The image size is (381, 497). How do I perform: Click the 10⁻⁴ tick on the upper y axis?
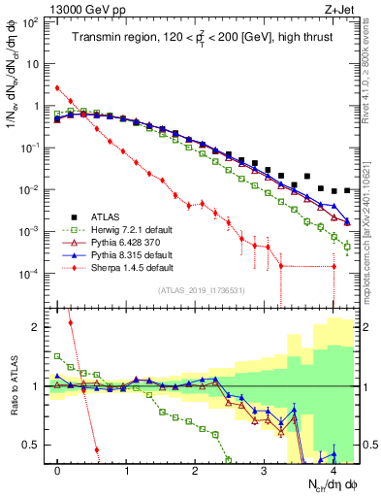click(x=32, y=273)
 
